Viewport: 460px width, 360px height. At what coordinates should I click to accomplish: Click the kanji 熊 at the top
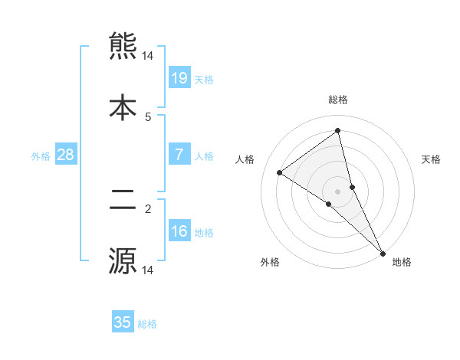click(123, 46)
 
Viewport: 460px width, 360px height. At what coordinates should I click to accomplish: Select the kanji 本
click(123, 106)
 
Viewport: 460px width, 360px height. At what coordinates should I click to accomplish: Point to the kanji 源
click(123, 260)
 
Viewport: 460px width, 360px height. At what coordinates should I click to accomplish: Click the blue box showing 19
click(179, 77)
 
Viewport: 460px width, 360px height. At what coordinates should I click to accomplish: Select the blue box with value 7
click(179, 155)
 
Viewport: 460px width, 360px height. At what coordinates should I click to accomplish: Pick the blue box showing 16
click(179, 231)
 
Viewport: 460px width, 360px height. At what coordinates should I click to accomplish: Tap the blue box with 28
click(66, 155)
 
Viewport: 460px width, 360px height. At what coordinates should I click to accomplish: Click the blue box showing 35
click(123, 322)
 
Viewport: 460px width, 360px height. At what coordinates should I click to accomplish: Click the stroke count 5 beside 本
click(148, 116)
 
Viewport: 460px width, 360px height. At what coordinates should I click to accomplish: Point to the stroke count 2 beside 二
click(148, 207)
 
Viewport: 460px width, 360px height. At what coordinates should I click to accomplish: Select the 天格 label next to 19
click(204, 79)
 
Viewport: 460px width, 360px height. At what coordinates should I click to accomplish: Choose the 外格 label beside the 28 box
click(41, 155)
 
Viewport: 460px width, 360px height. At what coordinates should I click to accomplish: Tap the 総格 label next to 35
click(147, 324)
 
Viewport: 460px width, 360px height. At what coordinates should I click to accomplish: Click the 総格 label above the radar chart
click(338, 100)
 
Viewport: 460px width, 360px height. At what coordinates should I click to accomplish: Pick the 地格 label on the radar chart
click(402, 263)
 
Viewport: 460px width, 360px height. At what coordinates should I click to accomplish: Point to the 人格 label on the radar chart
click(245, 159)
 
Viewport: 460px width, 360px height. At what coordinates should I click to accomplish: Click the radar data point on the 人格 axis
click(280, 172)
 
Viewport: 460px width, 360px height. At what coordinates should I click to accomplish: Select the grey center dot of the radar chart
click(338, 191)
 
